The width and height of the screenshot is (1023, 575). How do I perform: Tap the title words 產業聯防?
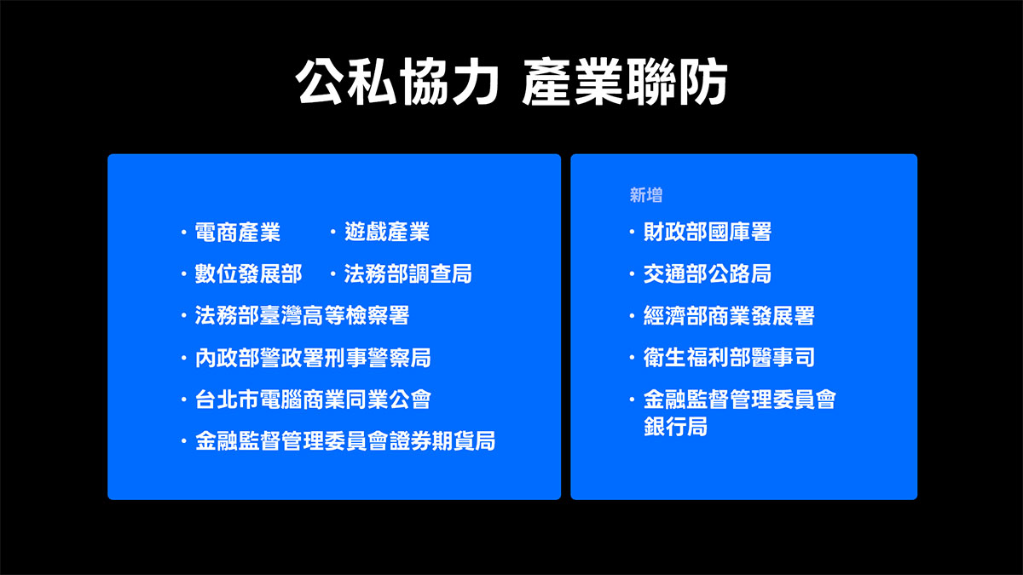(624, 83)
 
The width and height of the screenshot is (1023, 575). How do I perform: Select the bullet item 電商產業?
(238, 232)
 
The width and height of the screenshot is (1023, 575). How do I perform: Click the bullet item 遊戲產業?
(387, 232)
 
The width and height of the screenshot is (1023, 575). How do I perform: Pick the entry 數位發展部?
(248, 273)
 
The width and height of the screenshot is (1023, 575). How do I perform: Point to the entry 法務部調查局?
(408, 273)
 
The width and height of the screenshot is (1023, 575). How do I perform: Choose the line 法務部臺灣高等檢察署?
(302, 315)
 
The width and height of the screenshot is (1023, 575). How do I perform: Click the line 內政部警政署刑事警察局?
(313, 358)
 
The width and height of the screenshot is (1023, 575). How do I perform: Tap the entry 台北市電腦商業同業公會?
(313, 400)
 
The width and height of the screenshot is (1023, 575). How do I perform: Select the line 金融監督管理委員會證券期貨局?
(345, 441)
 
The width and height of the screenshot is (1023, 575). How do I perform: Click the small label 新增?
(646, 196)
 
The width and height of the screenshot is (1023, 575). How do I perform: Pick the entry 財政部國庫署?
(708, 232)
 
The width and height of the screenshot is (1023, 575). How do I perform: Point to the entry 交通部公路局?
(708, 273)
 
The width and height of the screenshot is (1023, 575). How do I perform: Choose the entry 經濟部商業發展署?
(729, 316)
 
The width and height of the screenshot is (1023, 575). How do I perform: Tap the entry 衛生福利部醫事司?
(729, 358)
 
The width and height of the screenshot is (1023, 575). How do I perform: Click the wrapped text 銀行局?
(676, 427)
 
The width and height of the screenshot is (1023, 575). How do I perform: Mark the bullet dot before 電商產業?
(183, 232)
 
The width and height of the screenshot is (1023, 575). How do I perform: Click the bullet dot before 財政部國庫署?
(632, 232)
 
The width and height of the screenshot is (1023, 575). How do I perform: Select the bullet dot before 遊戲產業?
(332, 232)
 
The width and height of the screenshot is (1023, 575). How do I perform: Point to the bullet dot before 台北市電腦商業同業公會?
(183, 400)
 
